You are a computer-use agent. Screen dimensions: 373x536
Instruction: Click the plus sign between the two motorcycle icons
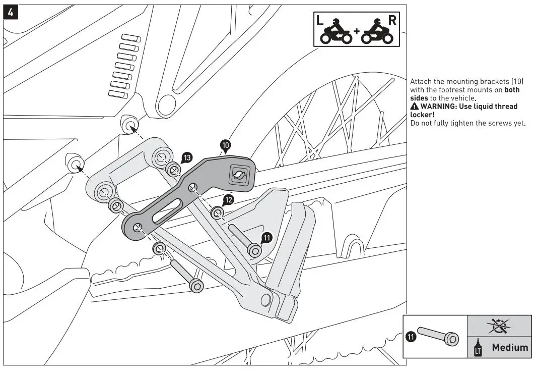[357, 31]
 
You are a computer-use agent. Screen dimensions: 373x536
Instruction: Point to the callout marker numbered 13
[187, 158]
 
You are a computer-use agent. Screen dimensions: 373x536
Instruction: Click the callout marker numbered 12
[228, 200]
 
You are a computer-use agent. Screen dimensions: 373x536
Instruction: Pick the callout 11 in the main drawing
[267, 237]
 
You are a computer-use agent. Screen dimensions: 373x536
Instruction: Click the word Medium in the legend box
[510, 347]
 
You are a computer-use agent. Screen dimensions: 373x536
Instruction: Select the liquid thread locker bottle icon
[476, 348]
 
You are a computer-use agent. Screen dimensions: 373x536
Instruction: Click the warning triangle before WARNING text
[415, 106]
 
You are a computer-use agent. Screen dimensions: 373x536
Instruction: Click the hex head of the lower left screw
[196, 286]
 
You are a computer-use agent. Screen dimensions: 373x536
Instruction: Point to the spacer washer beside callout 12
[217, 212]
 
